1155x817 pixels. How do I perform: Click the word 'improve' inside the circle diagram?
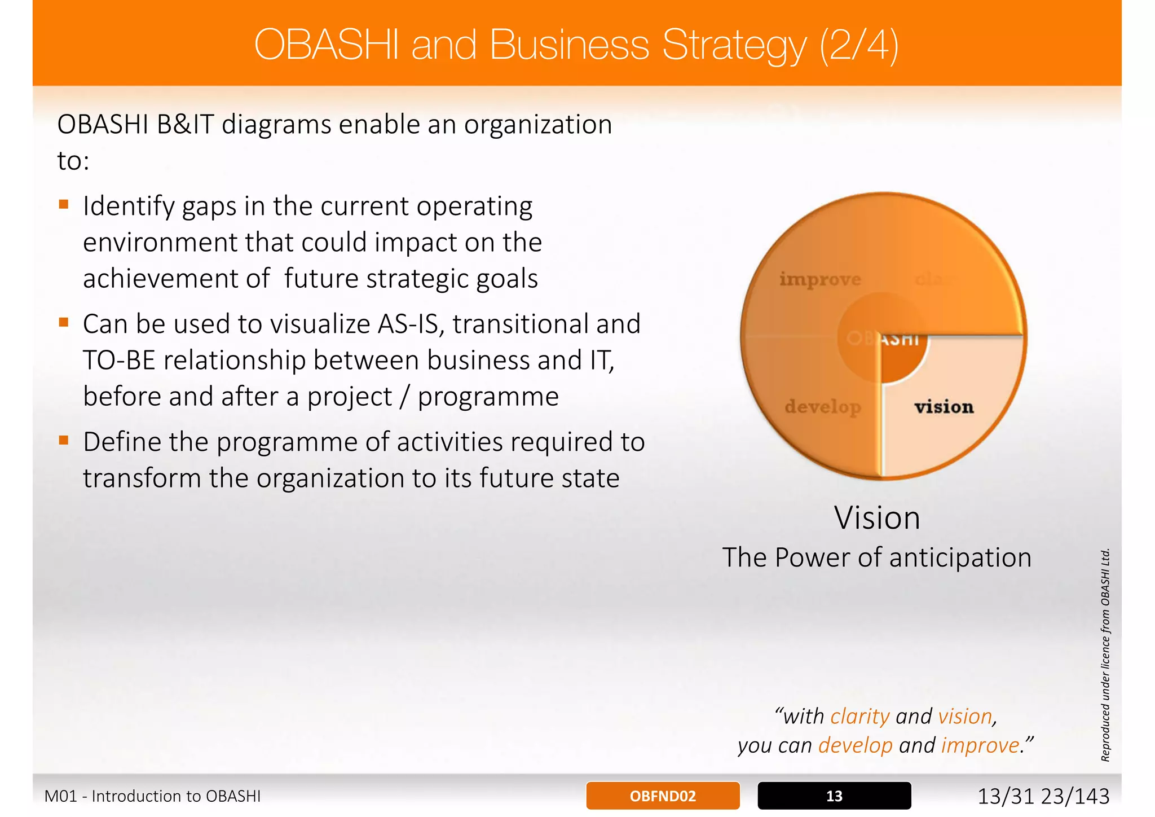819,279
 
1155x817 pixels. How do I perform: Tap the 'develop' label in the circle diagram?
823,407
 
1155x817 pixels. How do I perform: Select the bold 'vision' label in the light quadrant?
944,407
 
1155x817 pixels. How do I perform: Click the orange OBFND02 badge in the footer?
663,796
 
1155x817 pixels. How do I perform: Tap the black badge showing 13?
834,796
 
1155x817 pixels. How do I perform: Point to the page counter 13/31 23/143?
1043,796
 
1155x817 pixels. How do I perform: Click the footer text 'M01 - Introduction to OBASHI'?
152,796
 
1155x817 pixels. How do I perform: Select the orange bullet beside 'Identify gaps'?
64,204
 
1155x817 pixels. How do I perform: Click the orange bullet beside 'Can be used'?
64,322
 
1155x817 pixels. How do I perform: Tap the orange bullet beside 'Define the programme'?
64,440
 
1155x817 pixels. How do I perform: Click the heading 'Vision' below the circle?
877,517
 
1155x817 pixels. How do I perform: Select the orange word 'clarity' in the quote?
860,716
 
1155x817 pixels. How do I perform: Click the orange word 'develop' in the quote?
855,745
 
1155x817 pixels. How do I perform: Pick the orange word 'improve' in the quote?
980,745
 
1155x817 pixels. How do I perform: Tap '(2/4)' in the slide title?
859,45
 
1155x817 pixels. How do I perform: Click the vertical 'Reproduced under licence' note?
1105,655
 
